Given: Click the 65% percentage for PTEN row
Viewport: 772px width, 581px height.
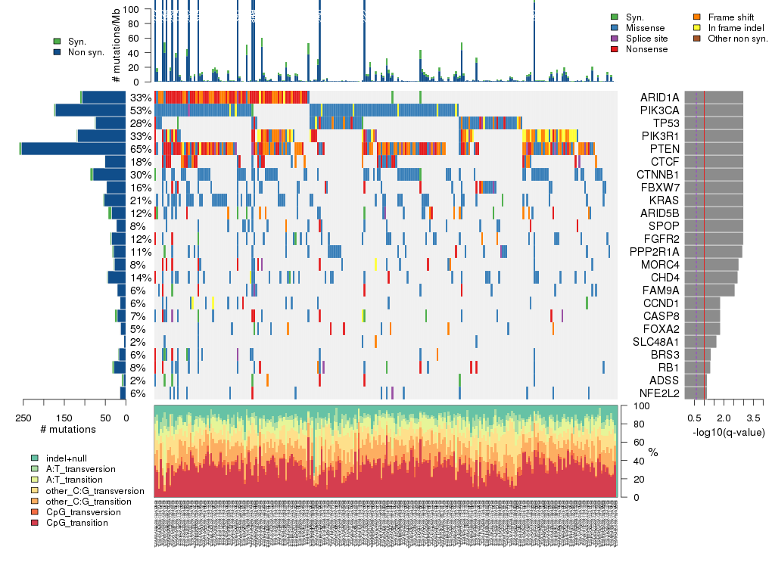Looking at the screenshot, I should pyautogui.click(x=140, y=149).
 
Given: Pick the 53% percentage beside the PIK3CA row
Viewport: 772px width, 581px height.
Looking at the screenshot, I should pyautogui.click(x=140, y=110).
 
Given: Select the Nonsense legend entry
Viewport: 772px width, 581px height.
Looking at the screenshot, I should pyautogui.click(x=650, y=49).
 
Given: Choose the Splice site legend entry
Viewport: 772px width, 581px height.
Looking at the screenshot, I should pyautogui.click(x=650, y=38).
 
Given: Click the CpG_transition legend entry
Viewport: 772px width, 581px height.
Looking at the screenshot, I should pyautogui.click(x=76, y=523).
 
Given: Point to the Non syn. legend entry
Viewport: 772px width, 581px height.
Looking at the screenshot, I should pyautogui.click(x=81, y=52).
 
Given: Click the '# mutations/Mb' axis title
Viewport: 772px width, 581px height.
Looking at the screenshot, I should pyautogui.click(x=116, y=45).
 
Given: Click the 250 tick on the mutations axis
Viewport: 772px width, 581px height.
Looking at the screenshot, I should pyautogui.click(x=23, y=418).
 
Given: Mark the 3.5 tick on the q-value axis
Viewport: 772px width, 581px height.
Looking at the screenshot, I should pyautogui.click(x=754, y=418).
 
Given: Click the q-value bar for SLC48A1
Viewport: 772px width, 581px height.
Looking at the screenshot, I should pyautogui.click(x=700, y=342).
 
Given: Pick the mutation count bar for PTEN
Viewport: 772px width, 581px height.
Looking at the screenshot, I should pyautogui.click(x=73, y=149).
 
